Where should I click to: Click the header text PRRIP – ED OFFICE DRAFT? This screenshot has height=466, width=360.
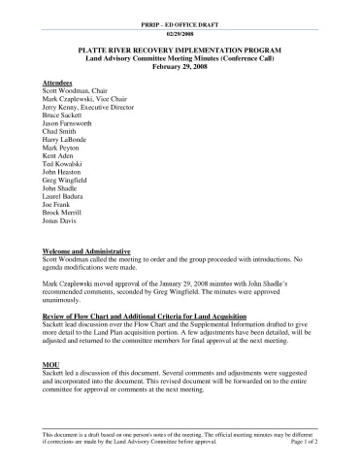(x=180, y=20)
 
